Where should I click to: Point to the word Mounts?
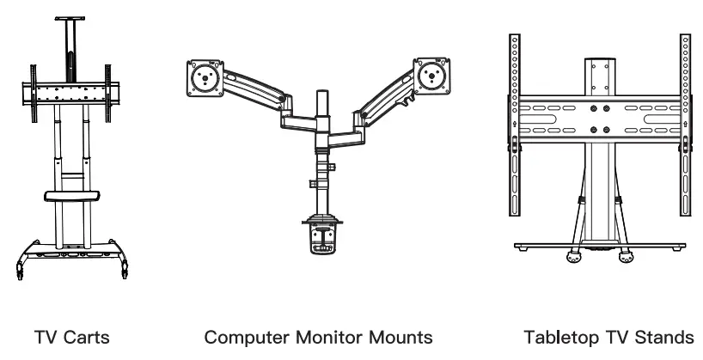[396, 338]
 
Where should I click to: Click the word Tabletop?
[563, 338]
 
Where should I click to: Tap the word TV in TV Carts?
[45, 338]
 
